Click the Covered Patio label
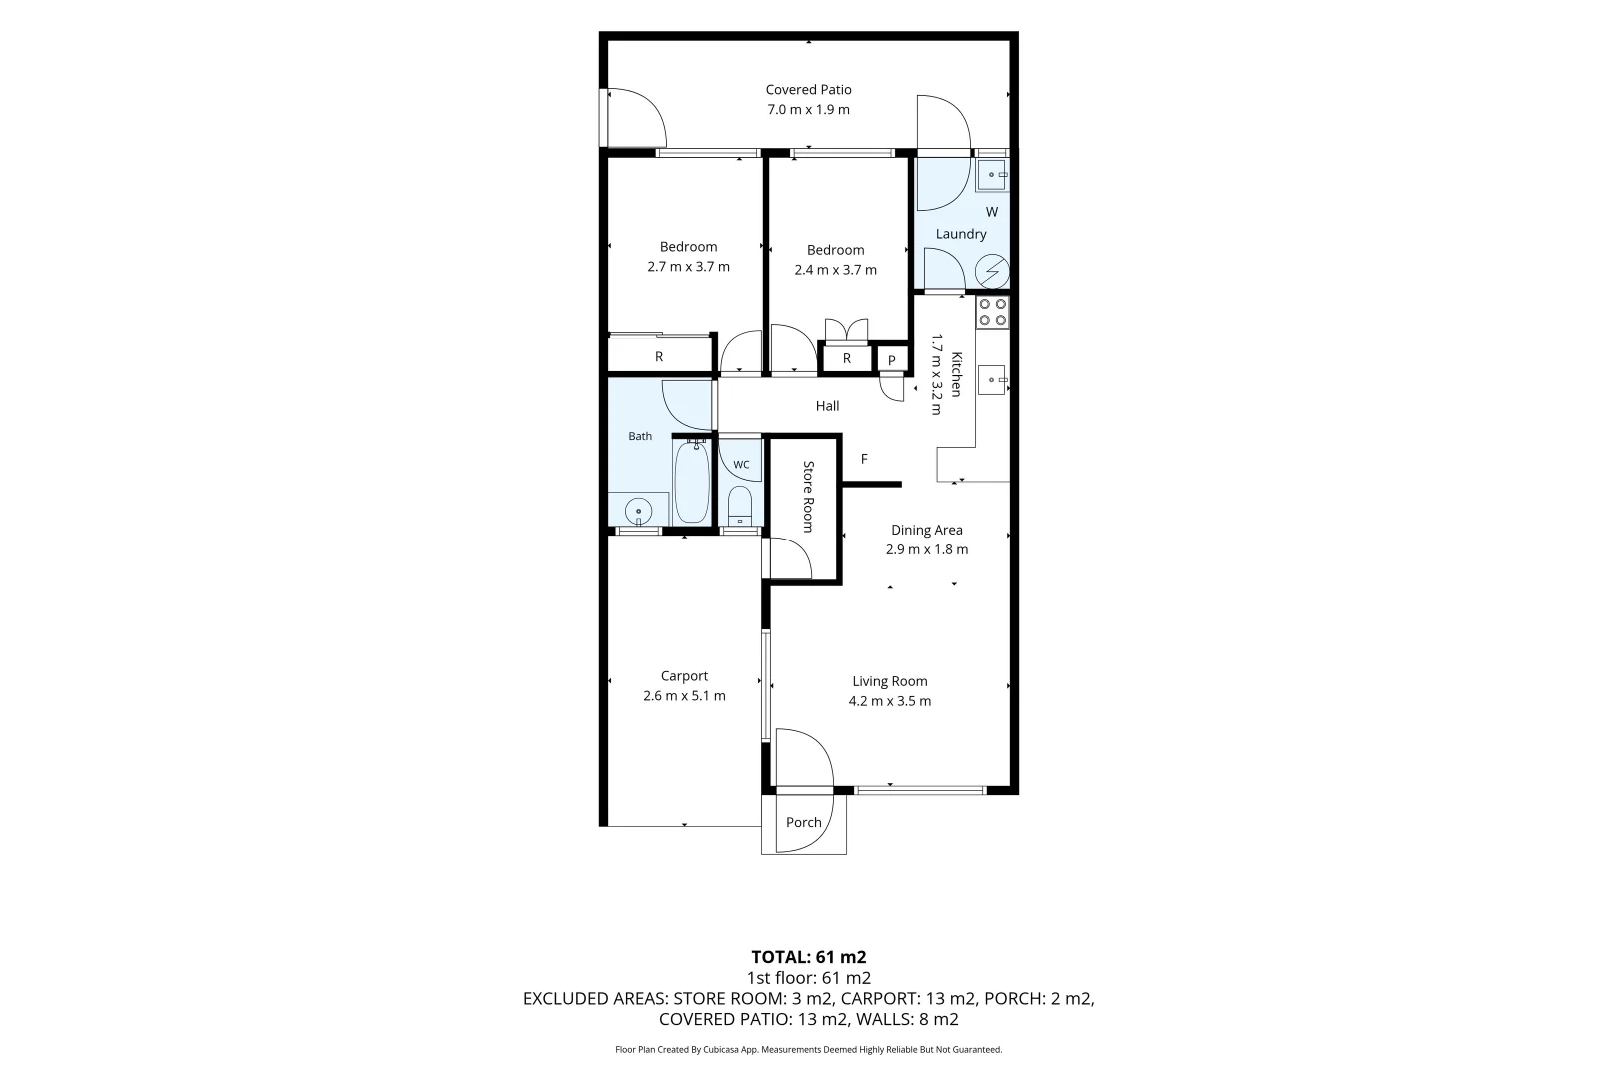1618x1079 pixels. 808,90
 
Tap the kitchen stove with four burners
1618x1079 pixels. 992,312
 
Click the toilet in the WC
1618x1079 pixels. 739,506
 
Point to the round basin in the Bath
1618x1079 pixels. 638,511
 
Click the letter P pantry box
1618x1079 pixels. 891,360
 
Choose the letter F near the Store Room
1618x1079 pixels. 864,459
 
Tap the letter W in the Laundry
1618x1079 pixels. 992,212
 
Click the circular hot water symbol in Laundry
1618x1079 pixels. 991,271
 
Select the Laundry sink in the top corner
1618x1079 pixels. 992,175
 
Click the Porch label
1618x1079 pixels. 803,822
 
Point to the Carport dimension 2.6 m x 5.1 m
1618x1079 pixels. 684,696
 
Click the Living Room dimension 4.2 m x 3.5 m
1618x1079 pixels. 889,701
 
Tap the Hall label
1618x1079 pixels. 827,406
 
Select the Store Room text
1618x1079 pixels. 808,496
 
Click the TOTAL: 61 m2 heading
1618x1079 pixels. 808,957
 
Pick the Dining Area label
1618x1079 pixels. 926,530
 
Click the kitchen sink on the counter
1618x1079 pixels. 992,380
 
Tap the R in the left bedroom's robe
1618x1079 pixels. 659,357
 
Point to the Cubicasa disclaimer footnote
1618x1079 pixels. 808,1049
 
